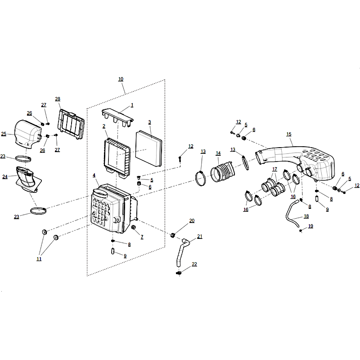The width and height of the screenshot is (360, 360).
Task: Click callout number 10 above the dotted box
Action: click(121, 79)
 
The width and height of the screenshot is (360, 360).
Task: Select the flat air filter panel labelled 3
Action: click(148, 148)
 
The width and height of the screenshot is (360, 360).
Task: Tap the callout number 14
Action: click(218, 153)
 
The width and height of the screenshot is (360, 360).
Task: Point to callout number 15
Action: click(289, 134)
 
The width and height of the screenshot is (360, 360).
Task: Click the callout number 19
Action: click(310, 226)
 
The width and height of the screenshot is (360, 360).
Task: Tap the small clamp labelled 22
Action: click(179, 273)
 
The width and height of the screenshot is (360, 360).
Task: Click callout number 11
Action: click(39, 259)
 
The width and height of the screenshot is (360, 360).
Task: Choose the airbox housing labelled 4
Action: click(112, 208)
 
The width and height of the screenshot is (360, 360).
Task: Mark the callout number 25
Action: click(4, 134)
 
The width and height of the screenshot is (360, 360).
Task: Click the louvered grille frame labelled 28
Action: click(71, 124)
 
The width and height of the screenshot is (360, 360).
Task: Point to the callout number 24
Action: click(5, 177)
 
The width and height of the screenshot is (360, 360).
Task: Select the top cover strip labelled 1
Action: click(117, 117)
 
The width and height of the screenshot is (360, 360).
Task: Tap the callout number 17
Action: click(274, 169)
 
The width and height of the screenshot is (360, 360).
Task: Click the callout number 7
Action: click(142, 237)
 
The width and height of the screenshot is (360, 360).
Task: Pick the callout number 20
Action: click(192, 220)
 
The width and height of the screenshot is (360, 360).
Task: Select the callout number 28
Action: click(58, 99)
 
